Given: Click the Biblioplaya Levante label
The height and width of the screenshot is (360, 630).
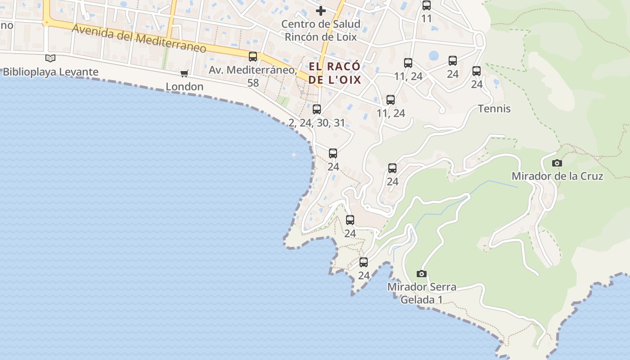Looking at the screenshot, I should click(x=50, y=72).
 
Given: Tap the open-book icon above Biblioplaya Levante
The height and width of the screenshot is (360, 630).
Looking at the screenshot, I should click(x=50, y=58).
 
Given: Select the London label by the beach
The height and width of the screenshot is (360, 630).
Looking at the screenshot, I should click(x=184, y=86).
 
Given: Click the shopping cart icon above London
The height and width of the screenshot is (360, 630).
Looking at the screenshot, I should click(x=184, y=73).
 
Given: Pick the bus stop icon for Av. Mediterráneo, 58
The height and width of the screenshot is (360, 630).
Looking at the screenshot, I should click(x=253, y=56).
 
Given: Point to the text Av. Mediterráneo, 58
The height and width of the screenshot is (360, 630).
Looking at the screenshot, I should click(x=253, y=76).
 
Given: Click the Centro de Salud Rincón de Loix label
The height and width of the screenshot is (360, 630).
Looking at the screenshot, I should click(x=320, y=30).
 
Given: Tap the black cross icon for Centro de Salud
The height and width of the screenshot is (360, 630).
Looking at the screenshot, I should click(x=320, y=10).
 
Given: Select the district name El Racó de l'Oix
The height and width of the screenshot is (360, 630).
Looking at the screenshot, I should click(x=335, y=73).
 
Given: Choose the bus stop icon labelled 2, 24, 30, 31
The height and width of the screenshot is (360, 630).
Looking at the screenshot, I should click(x=317, y=109).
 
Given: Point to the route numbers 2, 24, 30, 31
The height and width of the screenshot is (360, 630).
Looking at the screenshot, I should click(x=317, y=122).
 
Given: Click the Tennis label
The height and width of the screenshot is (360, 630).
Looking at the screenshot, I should click(x=494, y=108).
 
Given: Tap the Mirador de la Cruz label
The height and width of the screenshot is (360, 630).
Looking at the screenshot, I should click(x=557, y=176).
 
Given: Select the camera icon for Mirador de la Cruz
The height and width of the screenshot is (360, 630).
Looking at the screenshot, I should click(x=557, y=163).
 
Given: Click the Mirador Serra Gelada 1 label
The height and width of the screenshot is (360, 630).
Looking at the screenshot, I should click(x=422, y=293).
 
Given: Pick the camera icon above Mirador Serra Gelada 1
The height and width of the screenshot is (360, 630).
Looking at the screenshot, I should click(x=422, y=274).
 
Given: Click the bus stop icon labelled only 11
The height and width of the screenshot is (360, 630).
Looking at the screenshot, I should click(x=427, y=5).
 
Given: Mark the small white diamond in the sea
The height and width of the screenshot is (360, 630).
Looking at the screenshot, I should click(x=294, y=155).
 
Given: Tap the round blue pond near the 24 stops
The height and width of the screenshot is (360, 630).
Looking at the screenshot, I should click(x=434, y=56).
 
